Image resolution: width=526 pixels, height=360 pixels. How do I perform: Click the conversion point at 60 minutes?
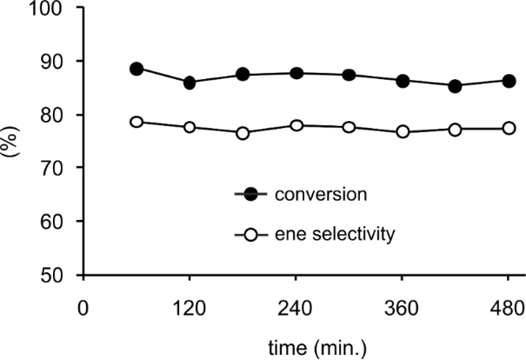point(136,69)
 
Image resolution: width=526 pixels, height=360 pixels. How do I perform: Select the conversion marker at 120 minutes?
point(190,83)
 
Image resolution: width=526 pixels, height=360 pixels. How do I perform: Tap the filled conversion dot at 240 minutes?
point(296,73)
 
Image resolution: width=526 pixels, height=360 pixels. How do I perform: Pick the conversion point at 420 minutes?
point(456,86)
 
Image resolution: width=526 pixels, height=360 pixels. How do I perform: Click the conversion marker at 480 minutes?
point(509,81)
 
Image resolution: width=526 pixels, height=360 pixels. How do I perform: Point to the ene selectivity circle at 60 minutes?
point(136,122)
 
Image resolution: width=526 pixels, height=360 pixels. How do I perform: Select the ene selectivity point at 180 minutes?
point(243,133)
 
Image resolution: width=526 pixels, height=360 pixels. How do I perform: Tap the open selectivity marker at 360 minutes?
point(403,132)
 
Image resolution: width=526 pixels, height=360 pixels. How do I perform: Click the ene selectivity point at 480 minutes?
point(509,128)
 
